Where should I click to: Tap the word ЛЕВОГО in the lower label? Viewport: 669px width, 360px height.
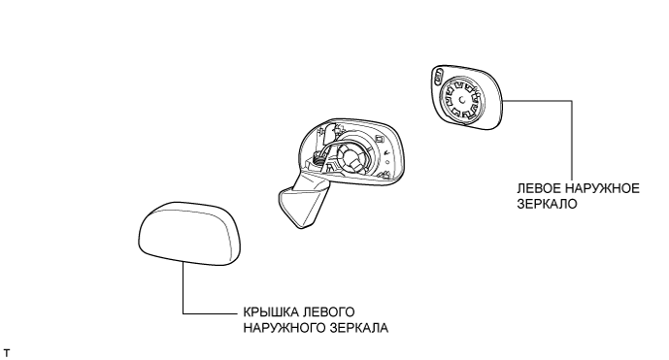312,313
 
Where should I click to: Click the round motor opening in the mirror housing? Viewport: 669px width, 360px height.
352,155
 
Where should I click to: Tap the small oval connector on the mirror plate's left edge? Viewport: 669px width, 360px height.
438,78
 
